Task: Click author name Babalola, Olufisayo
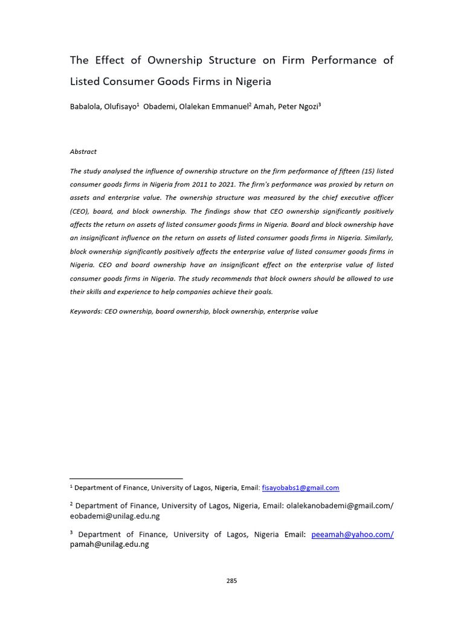[103, 106]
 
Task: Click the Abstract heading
[83, 151]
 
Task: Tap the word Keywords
[86, 311]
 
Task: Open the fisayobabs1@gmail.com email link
[300, 488]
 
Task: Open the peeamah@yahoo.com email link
[352, 535]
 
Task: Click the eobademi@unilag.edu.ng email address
[115, 516]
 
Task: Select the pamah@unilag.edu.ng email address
[109, 544]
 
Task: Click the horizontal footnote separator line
[126, 479]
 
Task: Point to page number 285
[232, 581]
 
